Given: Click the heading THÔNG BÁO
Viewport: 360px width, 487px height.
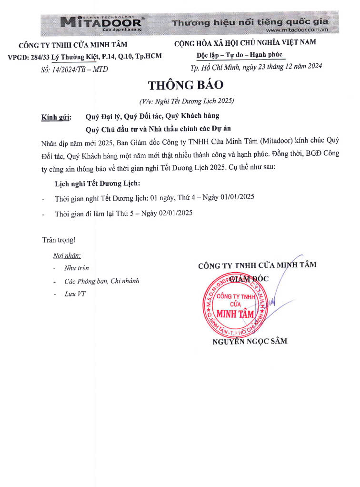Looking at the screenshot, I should coord(186,85).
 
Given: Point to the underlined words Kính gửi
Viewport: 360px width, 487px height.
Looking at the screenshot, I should coord(56,116).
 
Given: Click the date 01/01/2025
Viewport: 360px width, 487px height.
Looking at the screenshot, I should coord(240,198).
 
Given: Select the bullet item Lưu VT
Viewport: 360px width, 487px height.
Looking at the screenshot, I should coord(75,294).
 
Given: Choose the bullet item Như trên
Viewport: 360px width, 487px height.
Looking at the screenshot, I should coord(77,268).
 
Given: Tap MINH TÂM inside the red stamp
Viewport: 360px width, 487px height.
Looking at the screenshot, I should coord(235,314).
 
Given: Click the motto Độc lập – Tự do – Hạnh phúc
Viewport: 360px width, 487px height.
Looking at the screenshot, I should coord(240,55).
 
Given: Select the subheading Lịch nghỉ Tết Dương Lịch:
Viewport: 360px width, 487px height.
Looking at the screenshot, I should coord(98,183).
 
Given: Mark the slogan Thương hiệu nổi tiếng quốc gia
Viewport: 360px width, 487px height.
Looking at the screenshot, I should coord(250,22).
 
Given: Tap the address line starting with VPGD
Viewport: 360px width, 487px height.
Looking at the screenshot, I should coord(85,56).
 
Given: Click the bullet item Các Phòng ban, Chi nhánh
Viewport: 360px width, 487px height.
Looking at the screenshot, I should coord(102,281).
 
